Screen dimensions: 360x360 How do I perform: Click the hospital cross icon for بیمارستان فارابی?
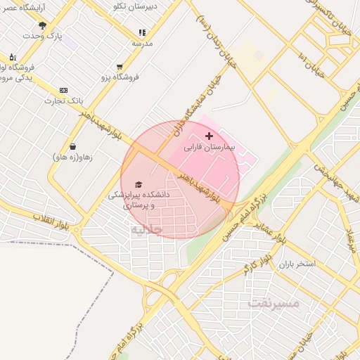tap(208, 135)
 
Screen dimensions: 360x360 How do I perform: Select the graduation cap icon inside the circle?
tap(138, 184)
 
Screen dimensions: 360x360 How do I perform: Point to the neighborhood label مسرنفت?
tap(274, 304)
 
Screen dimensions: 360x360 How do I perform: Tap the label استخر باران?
tap(297, 264)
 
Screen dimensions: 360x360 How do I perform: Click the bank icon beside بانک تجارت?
tap(63, 90)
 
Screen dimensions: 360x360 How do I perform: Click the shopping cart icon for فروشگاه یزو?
tap(120, 67)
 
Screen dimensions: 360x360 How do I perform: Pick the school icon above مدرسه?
tap(142, 32)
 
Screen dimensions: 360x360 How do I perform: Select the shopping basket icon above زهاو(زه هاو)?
tap(72, 147)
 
